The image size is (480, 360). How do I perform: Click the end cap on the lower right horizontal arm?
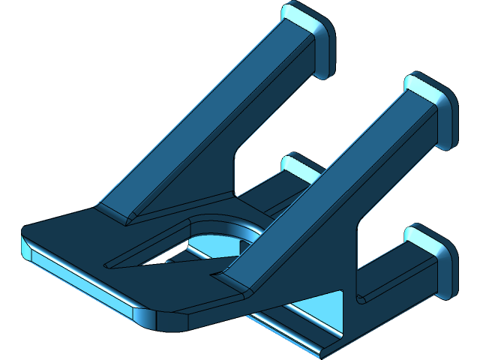(433, 259)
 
